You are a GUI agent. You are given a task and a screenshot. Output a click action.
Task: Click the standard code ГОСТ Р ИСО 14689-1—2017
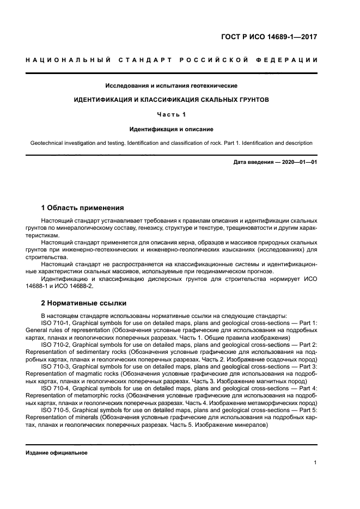pyautogui.click(x=269, y=37)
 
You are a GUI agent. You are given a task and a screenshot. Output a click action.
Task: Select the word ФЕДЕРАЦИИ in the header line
pyautogui.click(x=288, y=59)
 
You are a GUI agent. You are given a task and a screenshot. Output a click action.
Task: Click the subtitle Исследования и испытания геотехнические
pyautogui.click(x=172, y=85)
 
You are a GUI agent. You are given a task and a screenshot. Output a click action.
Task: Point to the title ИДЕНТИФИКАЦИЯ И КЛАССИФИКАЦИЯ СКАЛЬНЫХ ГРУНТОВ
pyautogui.click(x=172, y=100)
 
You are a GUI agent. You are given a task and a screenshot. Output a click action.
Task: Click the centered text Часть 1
pyautogui.click(x=172, y=115)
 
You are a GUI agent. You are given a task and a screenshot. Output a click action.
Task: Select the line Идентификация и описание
pyautogui.click(x=172, y=129)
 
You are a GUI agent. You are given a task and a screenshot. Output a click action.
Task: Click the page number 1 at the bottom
pyautogui.click(x=315, y=463)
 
